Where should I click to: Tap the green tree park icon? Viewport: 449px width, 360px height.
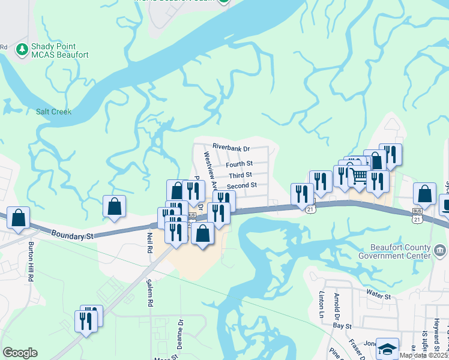point(22,49)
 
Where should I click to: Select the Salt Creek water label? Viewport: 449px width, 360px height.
point(53,112)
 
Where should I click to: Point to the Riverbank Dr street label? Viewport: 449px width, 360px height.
point(231,147)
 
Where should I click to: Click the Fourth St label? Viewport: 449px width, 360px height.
point(239,164)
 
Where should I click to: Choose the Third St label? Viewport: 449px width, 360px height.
point(241,175)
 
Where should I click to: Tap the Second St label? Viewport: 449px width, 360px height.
point(242,186)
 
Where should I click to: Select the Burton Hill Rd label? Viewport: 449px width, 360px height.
point(32,262)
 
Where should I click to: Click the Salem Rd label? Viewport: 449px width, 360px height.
point(151,296)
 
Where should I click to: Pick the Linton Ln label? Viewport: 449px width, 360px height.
point(321,305)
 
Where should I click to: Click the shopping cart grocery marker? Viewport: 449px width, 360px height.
point(359,176)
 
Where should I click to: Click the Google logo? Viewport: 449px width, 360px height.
point(20,353)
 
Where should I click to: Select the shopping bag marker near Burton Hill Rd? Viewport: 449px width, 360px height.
point(19,218)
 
